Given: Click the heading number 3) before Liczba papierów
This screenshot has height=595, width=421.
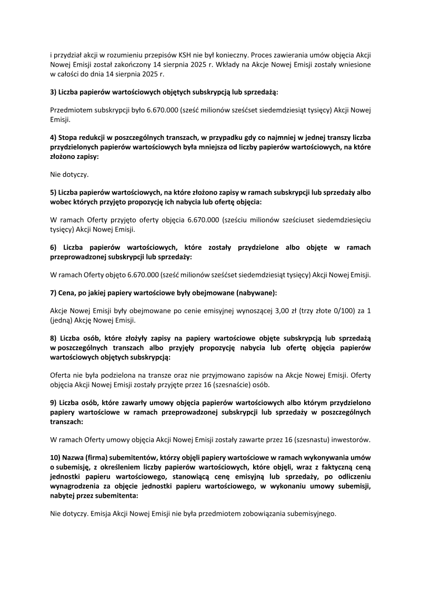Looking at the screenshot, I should coord(53,92).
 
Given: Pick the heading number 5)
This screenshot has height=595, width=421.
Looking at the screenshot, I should coord(53,193).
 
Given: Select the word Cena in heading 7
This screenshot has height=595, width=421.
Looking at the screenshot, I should coord(67,293).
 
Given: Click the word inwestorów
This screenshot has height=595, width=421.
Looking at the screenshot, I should coord(352,439).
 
